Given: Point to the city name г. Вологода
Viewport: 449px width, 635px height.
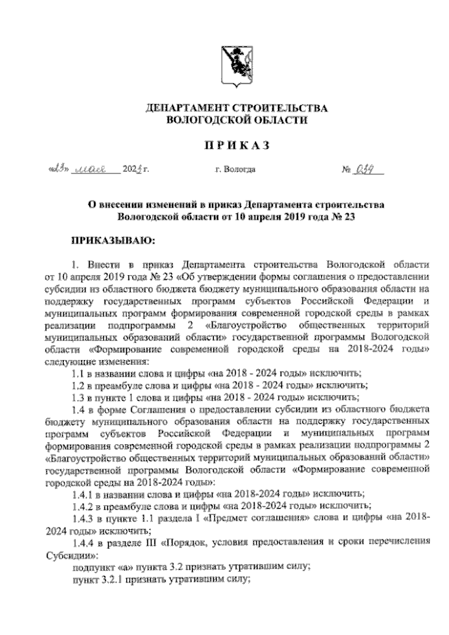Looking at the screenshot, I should pos(236,169).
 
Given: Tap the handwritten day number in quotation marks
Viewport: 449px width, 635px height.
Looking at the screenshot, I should pos(56,168).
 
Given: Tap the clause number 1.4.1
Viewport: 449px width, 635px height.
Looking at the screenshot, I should pos(85,493).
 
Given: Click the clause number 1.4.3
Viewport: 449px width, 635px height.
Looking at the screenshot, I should pos(85,517).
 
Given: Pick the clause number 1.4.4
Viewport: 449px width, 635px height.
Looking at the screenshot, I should pos(85,542).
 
